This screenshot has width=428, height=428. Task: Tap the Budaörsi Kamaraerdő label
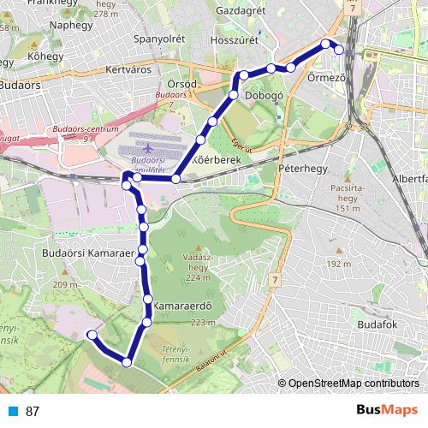pyautogui.click(x=89, y=254)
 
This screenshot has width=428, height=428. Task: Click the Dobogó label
pyautogui.click(x=265, y=98)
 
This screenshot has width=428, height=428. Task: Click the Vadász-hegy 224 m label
pyautogui.click(x=197, y=266)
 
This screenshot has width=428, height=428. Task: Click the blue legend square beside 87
pyautogui.click(x=13, y=411)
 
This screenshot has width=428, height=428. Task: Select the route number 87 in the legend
pyautogui.click(x=33, y=411)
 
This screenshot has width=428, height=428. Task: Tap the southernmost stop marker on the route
pyautogui.click(x=127, y=362)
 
